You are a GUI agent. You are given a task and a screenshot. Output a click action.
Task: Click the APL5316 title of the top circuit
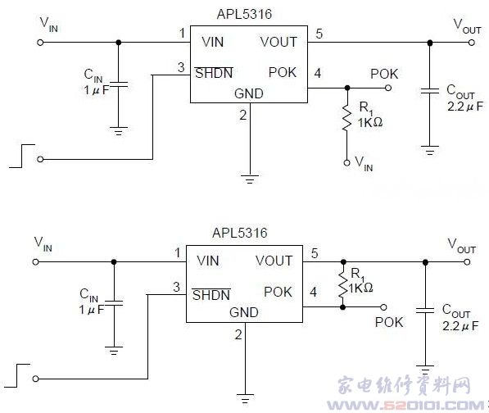pyautogui.click(x=244, y=15)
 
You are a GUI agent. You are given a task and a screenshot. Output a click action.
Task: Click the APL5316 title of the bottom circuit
pyautogui.click(x=240, y=233)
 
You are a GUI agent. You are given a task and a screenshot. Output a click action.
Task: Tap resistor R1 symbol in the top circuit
pyautogui.click(x=346, y=118)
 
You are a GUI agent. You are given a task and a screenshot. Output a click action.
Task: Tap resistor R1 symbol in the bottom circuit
pyautogui.click(x=342, y=284)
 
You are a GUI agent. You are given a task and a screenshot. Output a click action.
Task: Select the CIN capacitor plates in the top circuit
pyautogui.click(x=118, y=84)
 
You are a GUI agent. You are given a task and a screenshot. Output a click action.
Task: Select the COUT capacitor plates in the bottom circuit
pyautogui.click(x=425, y=310)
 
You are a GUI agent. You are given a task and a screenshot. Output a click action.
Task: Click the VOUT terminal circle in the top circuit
pyautogui.click(x=472, y=43)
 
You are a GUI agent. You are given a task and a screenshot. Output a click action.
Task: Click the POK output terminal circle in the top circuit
pyautogui.click(x=388, y=88)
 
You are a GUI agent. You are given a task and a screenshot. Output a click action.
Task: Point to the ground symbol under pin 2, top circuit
pyautogui.click(x=250, y=179)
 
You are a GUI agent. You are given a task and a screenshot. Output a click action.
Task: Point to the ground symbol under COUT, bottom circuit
pyautogui.click(x=425, y=370)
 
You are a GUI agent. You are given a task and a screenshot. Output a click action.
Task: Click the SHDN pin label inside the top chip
pyautogui.click(x=214, y=73)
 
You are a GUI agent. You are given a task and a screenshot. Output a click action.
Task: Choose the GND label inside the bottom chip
pyautogui.click(x=244, y=312)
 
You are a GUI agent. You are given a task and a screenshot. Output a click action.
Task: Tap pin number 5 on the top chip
pyautogui.click(x=319, y=34)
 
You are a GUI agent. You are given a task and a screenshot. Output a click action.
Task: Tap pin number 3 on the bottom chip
pyautogui.click(x=176, y=287)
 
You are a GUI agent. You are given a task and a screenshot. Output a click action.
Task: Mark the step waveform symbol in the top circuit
pyautogui.click(x=22, y=156)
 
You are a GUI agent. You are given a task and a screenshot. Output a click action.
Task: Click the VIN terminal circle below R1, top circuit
pyautogui.click(x=346, y=163)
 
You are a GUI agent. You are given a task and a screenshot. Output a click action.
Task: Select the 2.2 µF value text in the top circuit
pyautogui.click(x=465, y=107)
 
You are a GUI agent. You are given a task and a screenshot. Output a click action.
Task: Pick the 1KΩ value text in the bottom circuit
pyautogui.click(x=360, y=288)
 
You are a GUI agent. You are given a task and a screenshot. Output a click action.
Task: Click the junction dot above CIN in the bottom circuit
pyautogui.click(x=114, y=262)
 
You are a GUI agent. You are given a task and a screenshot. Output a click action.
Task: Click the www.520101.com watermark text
pyautogui.click(x=405, y=406)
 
